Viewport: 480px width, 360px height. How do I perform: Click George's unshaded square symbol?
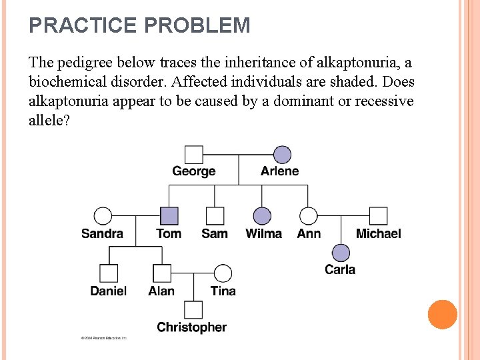193,155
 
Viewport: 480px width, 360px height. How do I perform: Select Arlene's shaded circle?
282,155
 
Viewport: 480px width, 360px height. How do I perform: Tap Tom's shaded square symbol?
169,216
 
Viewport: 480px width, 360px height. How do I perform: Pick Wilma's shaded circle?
263,216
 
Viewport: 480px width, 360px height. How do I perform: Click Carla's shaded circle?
341,253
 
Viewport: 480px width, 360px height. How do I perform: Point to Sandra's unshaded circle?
103,216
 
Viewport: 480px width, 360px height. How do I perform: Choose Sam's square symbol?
215,216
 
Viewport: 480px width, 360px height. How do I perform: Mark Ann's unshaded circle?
308,216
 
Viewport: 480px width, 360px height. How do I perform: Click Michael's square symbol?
378,216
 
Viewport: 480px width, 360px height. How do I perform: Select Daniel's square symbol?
109,273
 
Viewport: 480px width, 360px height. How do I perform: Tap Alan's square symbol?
161,273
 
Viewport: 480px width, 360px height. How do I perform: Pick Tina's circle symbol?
223,273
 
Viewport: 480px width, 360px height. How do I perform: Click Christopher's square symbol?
193,310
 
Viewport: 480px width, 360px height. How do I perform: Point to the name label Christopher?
192,327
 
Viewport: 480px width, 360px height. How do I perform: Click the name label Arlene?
280,171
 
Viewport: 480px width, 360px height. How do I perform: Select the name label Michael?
378,233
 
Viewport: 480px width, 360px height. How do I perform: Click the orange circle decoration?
442,315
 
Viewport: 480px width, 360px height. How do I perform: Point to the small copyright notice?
104,338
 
